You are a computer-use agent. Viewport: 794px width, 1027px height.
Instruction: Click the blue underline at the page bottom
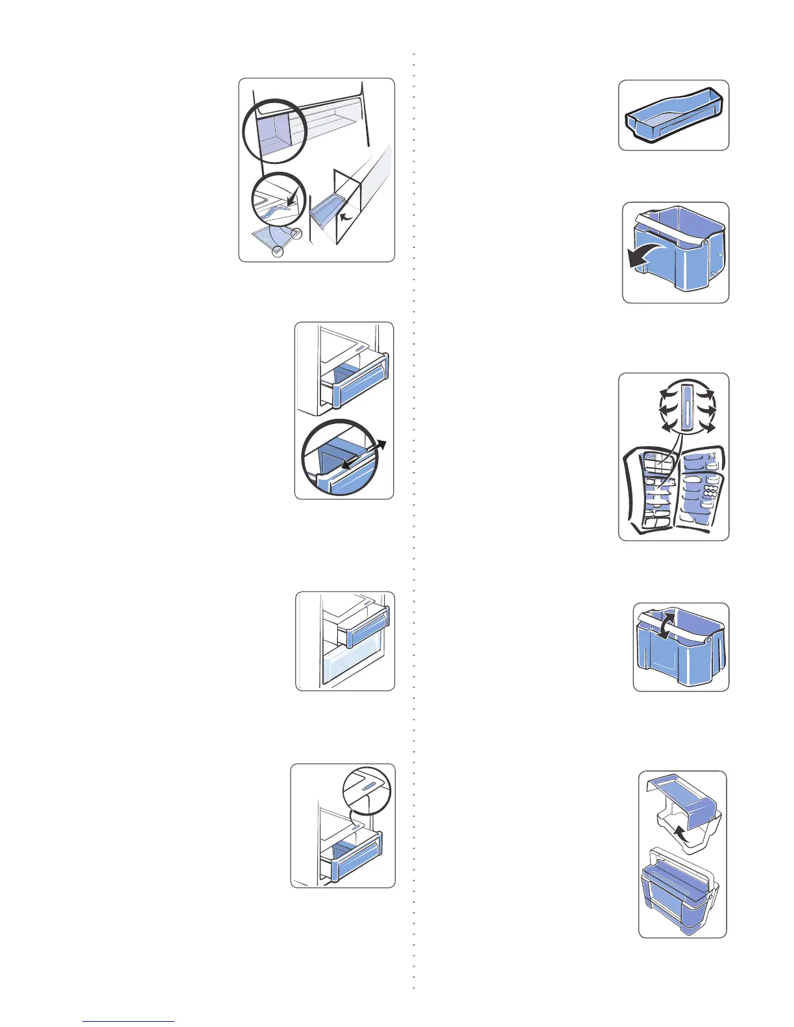(128, 1022)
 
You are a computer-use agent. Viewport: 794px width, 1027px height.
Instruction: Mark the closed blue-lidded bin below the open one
(675, 891)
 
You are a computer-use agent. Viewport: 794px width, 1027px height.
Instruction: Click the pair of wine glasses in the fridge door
(712, 457)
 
